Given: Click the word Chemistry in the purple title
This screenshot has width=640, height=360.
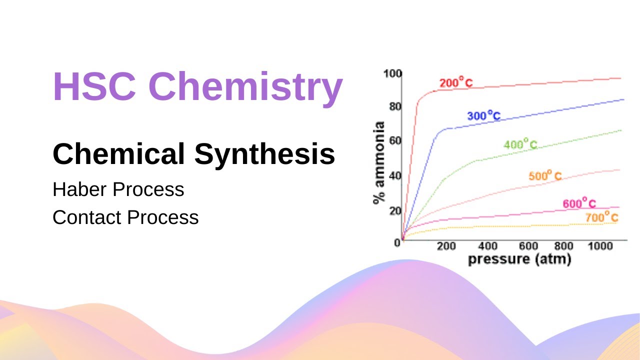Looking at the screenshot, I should (x=245, y=86).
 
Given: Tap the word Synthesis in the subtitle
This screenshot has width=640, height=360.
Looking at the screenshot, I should (x=264, y=154).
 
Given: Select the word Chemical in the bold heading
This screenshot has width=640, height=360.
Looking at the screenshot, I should (x=119, y=154).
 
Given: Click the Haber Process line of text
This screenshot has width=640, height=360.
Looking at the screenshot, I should (x=118, y=189).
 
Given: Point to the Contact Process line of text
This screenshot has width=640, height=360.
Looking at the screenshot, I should (x=125, y=217).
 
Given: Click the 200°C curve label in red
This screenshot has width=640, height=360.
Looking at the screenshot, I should (x=455, y=82).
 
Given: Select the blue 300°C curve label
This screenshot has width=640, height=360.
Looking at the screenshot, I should (x=483, y=116).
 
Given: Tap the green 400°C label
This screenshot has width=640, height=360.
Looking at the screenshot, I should (x=520, y=145).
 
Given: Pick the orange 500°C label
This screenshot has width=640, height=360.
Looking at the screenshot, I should (x=545, y=176).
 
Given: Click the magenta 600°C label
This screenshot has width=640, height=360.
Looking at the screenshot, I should (x=579, y=204).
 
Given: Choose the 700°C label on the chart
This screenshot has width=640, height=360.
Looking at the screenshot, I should (x=601, y=218).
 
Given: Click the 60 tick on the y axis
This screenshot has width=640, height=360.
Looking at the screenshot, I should (x=395, y=140).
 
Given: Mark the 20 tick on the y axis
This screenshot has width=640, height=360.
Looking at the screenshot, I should (x=395, y=210).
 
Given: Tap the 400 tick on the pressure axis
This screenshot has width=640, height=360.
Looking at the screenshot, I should (x=487, y=246).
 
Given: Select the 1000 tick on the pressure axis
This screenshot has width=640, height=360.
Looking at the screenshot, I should (x=600, y=246).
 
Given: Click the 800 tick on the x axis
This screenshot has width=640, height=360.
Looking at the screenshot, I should (x=563, y=246).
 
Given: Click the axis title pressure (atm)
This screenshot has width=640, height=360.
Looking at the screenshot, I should (x=519, y=259).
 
